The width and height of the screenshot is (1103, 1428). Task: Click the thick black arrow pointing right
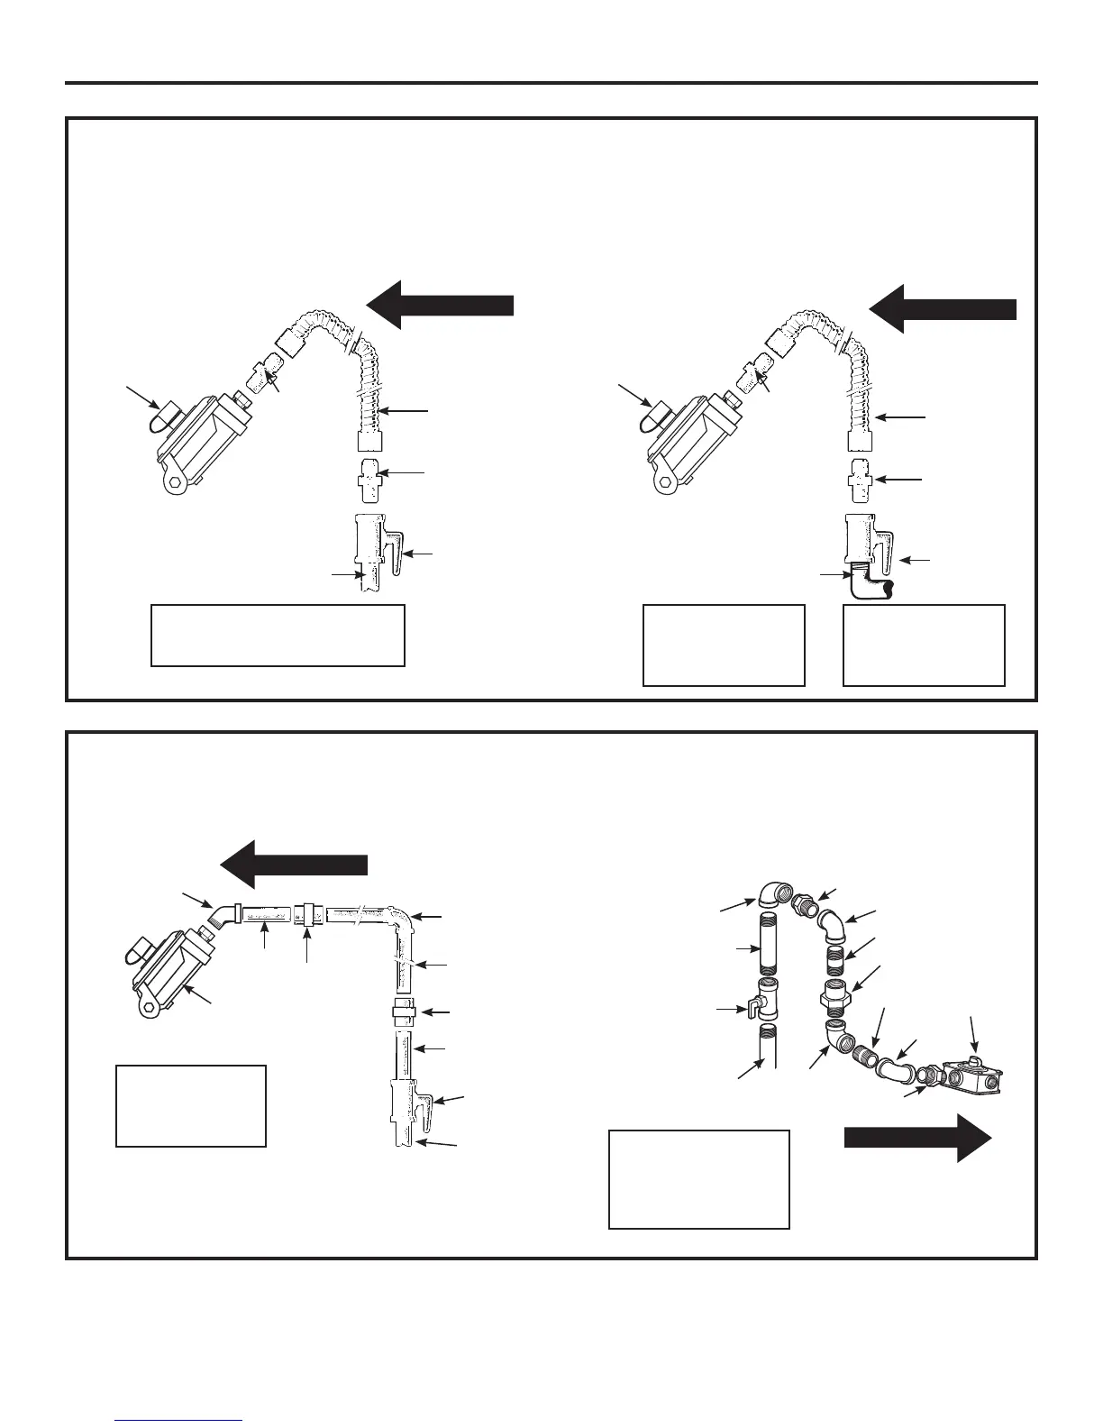coord(917,1138)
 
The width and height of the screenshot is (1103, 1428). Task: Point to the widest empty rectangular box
coord(278,636)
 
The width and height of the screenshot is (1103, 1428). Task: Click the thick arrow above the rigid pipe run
coord(295,864)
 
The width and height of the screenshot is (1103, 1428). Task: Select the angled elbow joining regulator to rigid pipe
coord(220,915)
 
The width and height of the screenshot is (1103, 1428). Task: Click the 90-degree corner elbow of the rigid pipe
coord(401,920)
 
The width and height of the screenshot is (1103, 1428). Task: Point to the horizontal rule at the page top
coord(551,84)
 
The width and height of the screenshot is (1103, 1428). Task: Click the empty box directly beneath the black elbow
coord(924,645)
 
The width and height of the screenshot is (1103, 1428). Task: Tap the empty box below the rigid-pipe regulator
coord(191,1105)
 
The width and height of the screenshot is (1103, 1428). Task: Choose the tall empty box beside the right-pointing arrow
coord(699,1179)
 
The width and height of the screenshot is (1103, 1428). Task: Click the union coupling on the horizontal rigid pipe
coord(310,914)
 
